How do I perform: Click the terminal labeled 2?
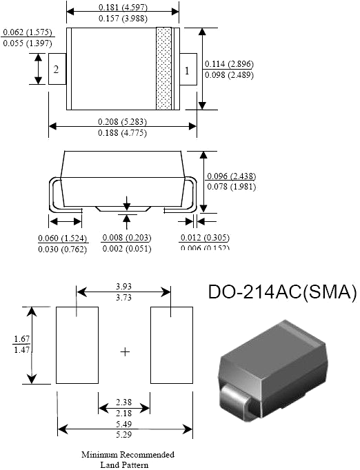57,70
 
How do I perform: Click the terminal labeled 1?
187,70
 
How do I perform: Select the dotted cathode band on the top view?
163,68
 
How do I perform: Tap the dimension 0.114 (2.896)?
229,64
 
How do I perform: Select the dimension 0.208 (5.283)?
122,121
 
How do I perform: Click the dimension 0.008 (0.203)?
126,238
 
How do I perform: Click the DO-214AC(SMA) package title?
282,292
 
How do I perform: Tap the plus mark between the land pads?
125,351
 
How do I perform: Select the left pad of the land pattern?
77,345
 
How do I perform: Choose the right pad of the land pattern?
170,345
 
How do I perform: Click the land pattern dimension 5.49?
125,423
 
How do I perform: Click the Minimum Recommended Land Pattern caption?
128,459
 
